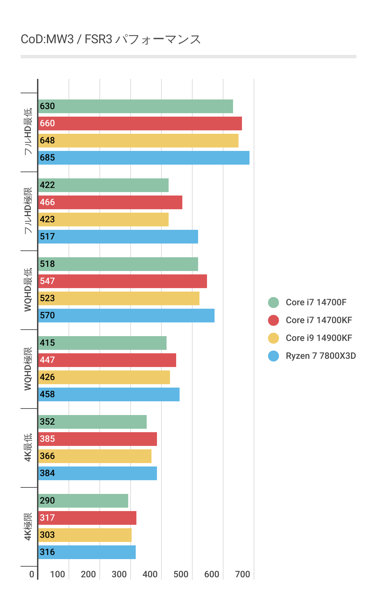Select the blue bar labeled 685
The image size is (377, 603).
144,158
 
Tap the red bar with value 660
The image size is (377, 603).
140,123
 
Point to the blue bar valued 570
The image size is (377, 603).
126,316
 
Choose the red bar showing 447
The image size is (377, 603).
107,360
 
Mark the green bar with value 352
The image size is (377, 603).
93,422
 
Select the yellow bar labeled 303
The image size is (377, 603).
85,535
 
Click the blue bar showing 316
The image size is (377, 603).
87,552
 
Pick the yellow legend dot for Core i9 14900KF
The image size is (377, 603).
273,338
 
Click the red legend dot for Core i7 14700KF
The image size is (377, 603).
273,320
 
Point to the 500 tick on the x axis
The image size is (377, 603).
181,574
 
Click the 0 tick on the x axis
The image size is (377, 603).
32,574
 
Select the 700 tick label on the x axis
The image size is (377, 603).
242,574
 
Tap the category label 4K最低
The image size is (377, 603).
28,448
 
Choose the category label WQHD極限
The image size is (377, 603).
28,369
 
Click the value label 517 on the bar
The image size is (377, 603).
47,237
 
